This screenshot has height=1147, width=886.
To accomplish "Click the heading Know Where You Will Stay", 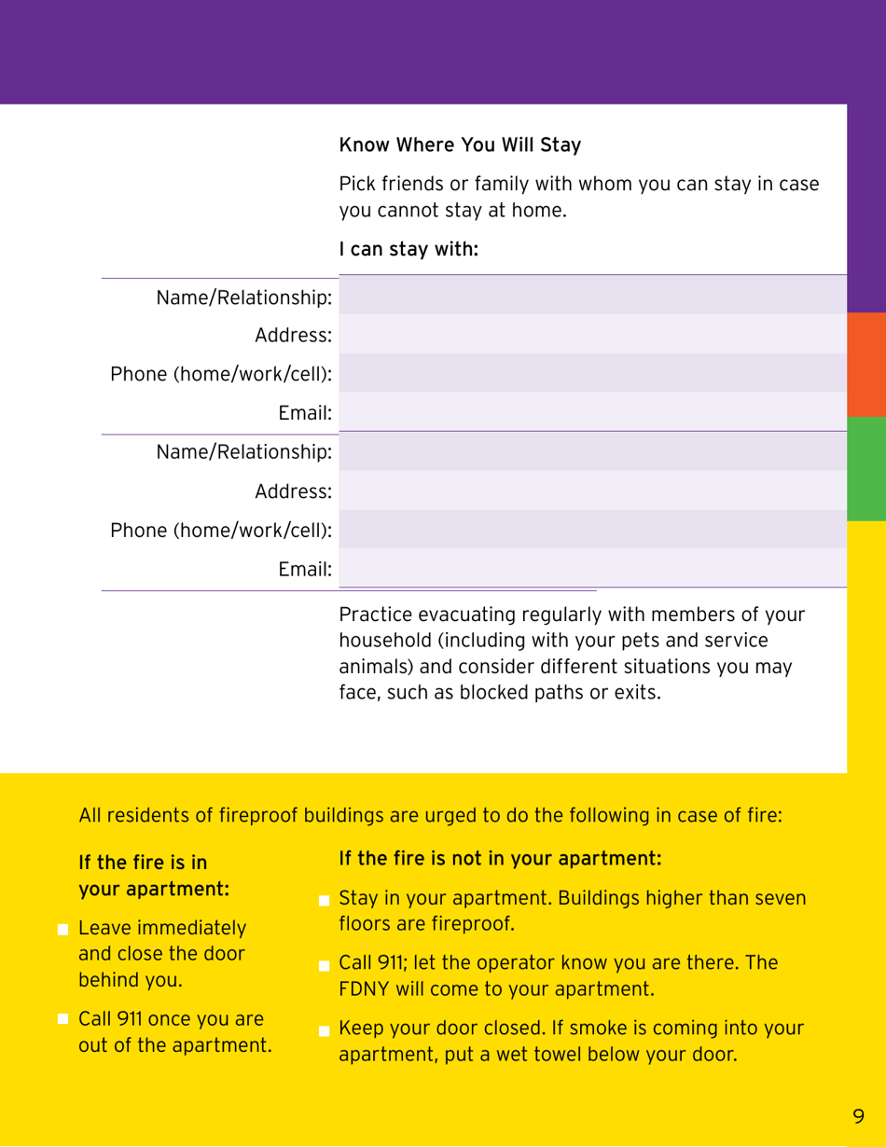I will pyautogui.click(x=460, y=145).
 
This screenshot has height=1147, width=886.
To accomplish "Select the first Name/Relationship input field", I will pyautogui.click(x=593, y=296).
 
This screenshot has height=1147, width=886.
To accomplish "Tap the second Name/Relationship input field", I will pyautogui.click(x=593, y=451).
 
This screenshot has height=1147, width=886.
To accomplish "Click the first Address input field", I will pyautogui.click(x=593, y=334).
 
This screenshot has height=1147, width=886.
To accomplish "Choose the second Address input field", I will pyautogui.click(x=593, y=490).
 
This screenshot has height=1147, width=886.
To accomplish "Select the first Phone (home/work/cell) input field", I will pyautogui.click(x=593, y=373).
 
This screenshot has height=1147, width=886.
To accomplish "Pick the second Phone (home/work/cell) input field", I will pyautogui.click(x=593, y=529).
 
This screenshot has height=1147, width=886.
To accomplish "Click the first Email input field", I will pyautogui.click(x=593, y=411).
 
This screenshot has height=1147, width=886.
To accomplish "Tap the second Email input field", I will pyautogui.click(x=593, y=567).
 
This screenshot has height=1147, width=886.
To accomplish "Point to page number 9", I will pyautogui.click(x=858, y=1115).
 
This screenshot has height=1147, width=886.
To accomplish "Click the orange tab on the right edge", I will pyautogui.click(x=865, y=365).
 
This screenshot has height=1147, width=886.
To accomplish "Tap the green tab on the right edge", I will pyautogui.click(x=865, y=469).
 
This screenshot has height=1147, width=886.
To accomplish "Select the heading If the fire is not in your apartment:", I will pyautogui.click(x=501, y=857).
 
